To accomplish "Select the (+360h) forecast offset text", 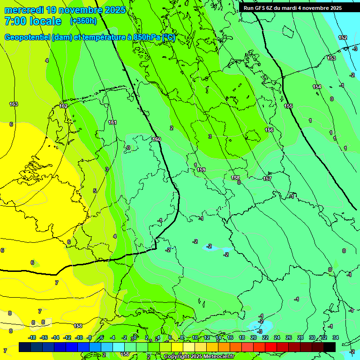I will [83, 21].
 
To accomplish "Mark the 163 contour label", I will [14, 104].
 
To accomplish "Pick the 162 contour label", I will [63, 106].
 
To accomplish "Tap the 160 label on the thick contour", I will [157, 139].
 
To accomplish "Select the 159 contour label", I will [202, 170].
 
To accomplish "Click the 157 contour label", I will [267, 179].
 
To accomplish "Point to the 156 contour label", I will [269, 130].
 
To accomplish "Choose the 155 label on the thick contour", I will [288, 106].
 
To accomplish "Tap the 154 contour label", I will [317, 87].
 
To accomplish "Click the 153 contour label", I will [332, 58].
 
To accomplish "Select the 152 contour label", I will [343, 37].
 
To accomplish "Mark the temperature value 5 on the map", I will [95, 191].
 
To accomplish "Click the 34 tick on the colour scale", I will [335, 337].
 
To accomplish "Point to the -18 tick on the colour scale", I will [32, 337].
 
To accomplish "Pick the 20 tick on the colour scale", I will [254, 337].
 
